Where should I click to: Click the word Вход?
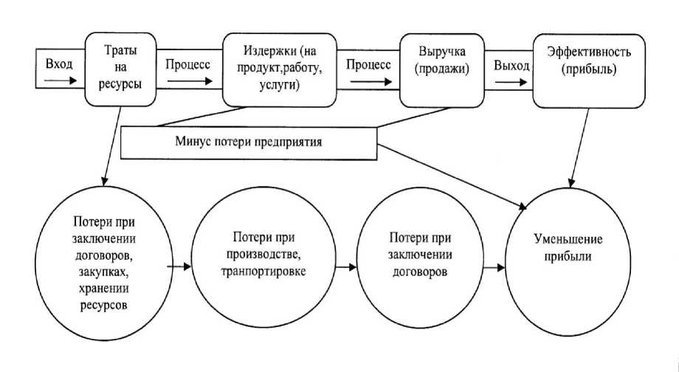point(59,64)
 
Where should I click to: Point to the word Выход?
point(511,65)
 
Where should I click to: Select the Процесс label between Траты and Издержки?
point(188,64)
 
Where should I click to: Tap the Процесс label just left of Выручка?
point(368,64)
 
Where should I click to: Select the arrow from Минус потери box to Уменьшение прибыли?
point(458,169)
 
